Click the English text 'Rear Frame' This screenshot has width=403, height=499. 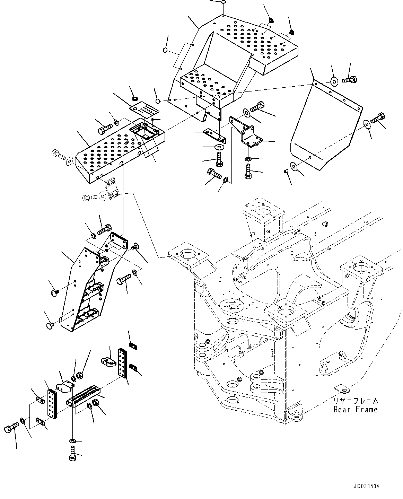(355, 410)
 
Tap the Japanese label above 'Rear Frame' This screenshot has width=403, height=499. (356, 401)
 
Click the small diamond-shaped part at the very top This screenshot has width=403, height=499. (224, 2)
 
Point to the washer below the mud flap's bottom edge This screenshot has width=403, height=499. (295, 167)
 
